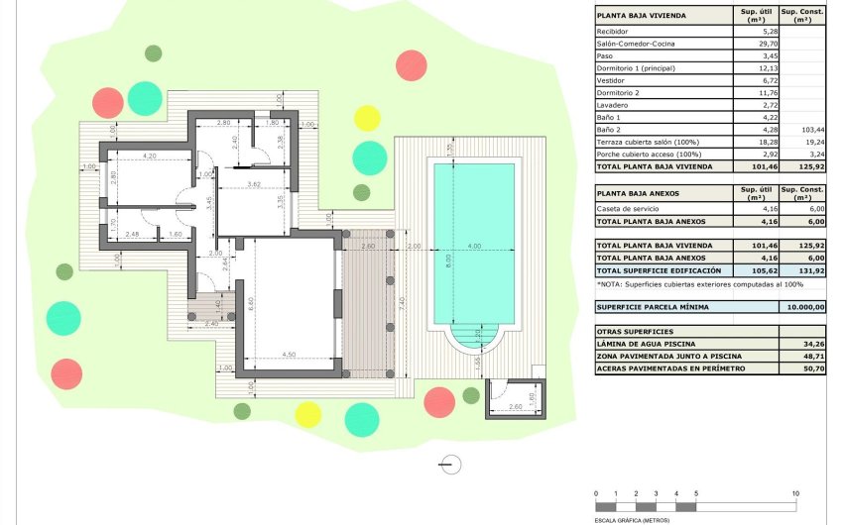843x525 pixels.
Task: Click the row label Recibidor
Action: click(x=612, y=32)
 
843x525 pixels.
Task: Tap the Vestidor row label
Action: click(x=610, y=81)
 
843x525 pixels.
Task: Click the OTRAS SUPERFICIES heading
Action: click(x=635, y=331)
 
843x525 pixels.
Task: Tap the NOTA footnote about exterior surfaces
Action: click(x=699, y=284)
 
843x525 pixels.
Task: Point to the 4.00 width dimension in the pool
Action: click(x=474, y=246)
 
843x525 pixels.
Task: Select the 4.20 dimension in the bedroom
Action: click(x=150, y=157)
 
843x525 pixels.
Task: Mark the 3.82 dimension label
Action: click(x=253, y=185)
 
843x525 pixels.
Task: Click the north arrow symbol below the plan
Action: click(x=450, y=464)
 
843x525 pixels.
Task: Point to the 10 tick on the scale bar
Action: click(x=795, y=493)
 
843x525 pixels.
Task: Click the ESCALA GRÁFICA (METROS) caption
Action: click(x=631, y=519)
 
